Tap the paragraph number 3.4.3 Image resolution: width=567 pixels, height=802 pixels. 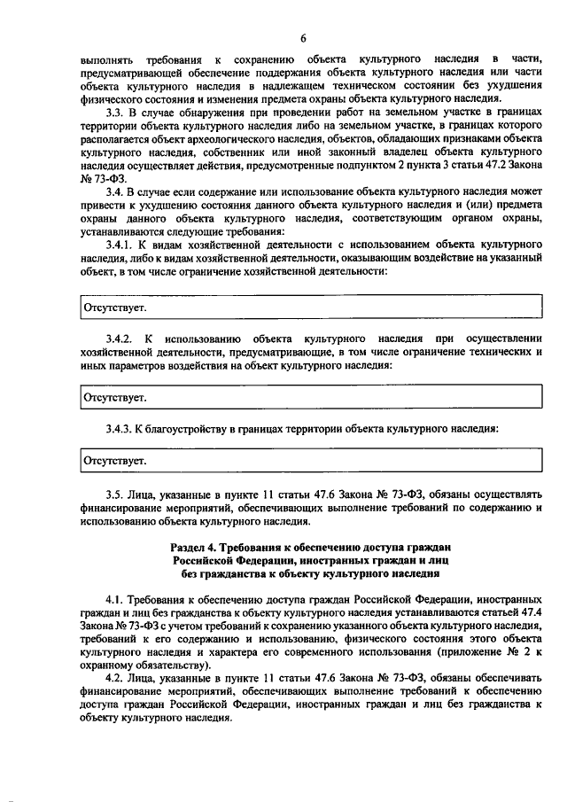point(119,428)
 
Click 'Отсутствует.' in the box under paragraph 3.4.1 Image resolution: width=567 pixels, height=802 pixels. point(115,307)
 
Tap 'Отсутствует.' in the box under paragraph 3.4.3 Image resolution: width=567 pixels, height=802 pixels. point(115,461)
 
